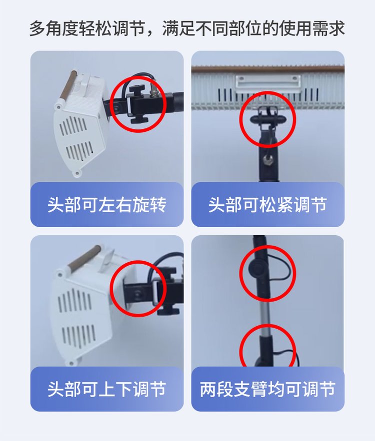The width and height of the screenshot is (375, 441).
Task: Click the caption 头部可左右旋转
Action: [x=106, y=204]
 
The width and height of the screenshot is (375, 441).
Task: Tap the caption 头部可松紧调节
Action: [x=267, y=204]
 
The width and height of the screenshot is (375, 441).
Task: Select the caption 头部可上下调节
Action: [x=106, y=389]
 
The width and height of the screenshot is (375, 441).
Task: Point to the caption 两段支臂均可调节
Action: [x=267, y=389]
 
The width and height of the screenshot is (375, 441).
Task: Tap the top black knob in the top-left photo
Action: [x=137, y=88]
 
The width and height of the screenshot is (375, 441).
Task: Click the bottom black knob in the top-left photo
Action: [x=139, y=120]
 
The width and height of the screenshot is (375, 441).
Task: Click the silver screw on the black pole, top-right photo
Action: [x=266, y=160]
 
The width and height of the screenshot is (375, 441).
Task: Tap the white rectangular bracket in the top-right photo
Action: [x=267, y=83]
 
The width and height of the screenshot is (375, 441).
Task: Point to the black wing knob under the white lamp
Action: [x=267, y=119]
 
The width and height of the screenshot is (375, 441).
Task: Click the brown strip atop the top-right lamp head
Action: [x=267, y=69]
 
